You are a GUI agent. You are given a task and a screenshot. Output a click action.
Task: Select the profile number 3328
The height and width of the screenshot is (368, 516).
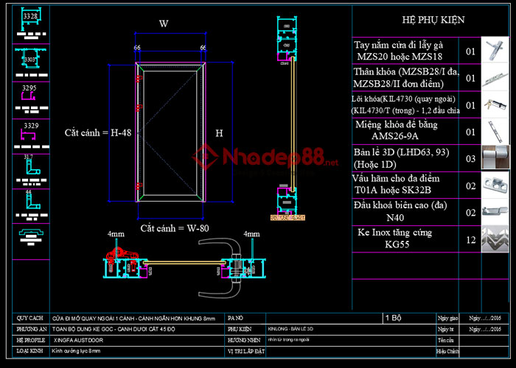30,15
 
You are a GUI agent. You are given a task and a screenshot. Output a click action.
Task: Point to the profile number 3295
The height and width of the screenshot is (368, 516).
30,88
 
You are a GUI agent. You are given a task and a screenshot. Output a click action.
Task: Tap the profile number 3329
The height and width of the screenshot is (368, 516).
30,126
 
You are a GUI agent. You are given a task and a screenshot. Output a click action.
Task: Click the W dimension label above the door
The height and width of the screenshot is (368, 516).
164,24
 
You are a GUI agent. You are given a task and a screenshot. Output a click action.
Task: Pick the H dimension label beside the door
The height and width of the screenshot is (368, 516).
219,134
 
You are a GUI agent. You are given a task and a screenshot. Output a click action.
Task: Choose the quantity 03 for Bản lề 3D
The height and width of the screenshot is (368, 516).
471,158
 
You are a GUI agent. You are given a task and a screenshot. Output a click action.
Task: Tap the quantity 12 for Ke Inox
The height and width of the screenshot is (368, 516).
471,238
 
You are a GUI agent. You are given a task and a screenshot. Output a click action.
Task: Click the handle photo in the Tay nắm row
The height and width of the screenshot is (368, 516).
493,52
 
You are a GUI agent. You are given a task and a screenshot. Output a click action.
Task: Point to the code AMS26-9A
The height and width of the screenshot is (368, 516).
405,136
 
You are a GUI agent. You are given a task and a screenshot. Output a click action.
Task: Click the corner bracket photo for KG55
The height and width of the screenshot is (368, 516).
493,238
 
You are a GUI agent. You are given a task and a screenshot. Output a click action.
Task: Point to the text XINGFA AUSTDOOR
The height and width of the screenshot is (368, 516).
79,341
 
